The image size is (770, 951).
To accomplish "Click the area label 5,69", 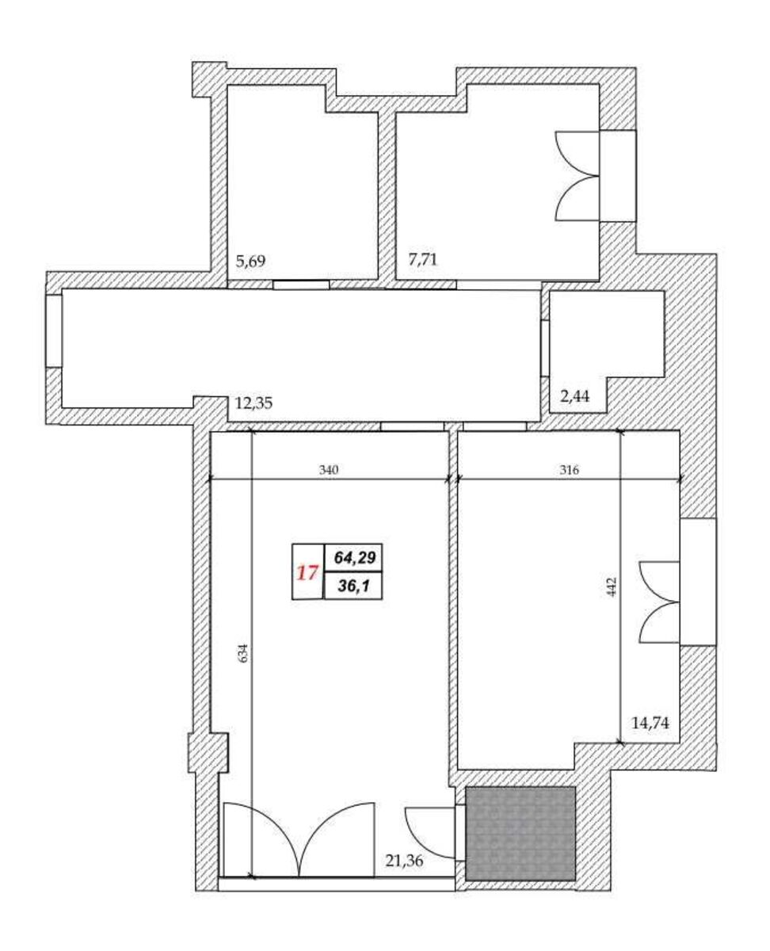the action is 250,261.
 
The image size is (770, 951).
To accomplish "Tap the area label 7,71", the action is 422,259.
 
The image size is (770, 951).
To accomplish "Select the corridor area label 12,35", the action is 253,403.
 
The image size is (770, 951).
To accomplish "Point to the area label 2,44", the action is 574,396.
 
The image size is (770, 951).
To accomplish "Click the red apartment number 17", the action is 307,572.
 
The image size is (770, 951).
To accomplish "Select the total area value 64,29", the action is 355,557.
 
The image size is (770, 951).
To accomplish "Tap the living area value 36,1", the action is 354,586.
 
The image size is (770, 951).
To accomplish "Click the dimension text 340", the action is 329,470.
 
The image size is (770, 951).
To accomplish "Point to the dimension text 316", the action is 569,470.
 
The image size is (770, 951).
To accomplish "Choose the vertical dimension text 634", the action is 244,653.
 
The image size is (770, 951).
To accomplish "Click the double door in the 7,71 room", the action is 576,176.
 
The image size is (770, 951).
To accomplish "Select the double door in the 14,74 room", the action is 659,603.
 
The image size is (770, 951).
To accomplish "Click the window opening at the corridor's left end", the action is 54,330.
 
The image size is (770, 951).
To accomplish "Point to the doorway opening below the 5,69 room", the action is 301,285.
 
